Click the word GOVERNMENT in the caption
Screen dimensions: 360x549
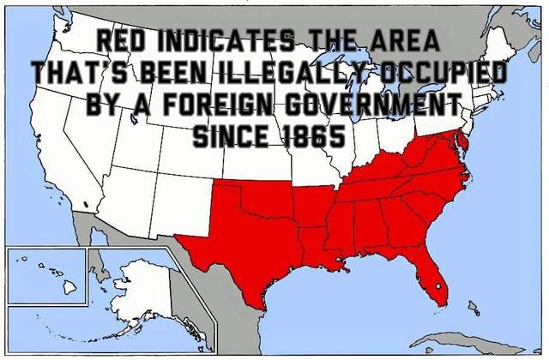(x=376, y=105)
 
